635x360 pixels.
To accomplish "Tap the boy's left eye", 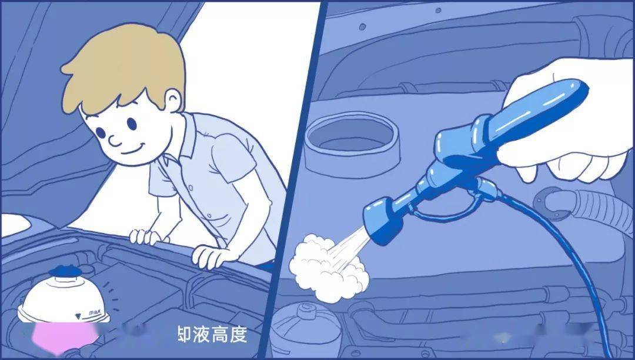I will click(x=130, y=124).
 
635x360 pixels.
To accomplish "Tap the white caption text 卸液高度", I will click(x=212, y=335).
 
